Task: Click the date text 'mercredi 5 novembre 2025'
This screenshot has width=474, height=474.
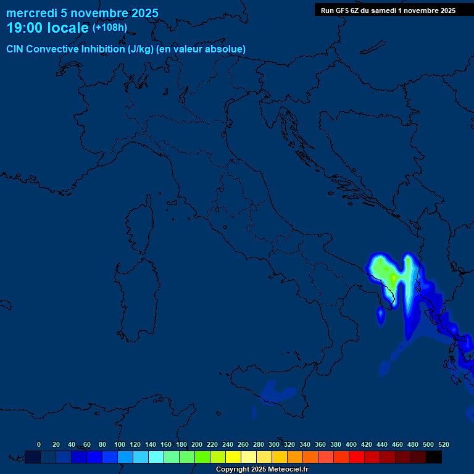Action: pyautogui.click(x=82, y=13)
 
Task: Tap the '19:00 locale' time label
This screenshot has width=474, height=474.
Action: pyautogui.click(x=47, y=28)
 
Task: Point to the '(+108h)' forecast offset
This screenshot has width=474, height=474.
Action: pyautogui.click(x=109, y=28)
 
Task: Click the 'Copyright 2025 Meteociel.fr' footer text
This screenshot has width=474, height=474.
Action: pyautogui.click(x=262, y=470)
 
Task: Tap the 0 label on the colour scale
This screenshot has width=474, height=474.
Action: pyautogui.click(x=39, y=444)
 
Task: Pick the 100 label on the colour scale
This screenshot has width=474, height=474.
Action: pyautogui.click(x=120, y=444)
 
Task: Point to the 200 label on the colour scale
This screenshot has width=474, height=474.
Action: pyautogui.click(x=197, y=444)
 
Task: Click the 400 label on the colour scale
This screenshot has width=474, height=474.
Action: pyautogui.click(x=351, y=444)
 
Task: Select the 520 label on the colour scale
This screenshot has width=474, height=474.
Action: pyautogui.click(x=444, y=444)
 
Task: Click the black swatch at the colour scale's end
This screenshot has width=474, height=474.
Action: pyautogui.click(x=434, y=457)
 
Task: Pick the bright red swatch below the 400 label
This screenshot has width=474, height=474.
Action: pyautogui.click(x=357, y=457)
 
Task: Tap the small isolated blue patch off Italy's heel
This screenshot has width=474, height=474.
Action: pyautogui.click(x=381, y=316)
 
